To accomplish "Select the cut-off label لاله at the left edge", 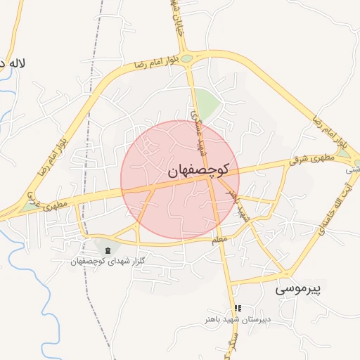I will point(13,64).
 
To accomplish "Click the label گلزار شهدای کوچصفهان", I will point(107,262).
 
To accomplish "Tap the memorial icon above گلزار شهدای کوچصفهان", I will point(107,251).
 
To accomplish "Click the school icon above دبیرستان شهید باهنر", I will point(238,309).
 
